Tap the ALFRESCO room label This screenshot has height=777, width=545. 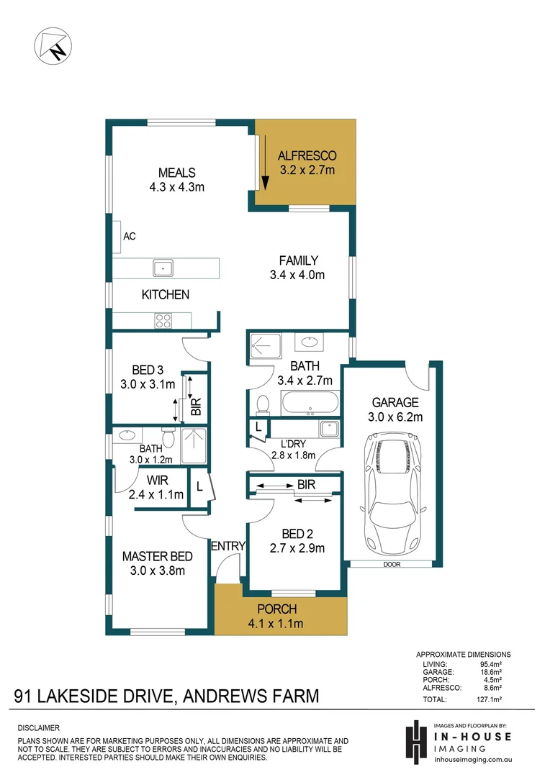click(x=307, y=156)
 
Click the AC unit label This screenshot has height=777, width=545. click(x=130, y=236)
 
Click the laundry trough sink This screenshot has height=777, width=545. click(x=329, y=429)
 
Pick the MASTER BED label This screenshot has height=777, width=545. click(x=157, y=556)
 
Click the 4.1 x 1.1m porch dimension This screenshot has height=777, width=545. click(x=276, y=623)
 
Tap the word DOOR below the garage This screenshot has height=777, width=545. click(x=392, y=565)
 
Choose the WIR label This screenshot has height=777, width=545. click(x=157, y=480)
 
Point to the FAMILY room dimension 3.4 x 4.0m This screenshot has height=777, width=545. click(x=297, y=275)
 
